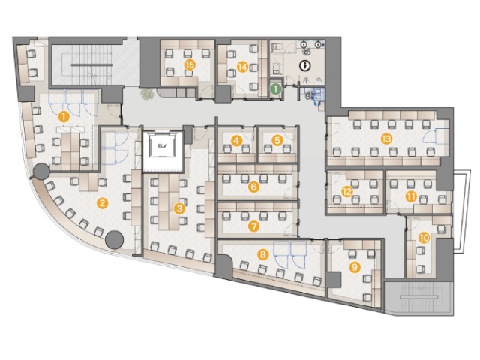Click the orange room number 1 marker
(x=64, y=117)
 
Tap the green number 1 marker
(x=276, y=89)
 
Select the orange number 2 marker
(x=103, y=203)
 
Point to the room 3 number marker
(x=180, y=209)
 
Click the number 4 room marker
(x=237, y=141)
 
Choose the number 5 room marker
(x=277, y=141)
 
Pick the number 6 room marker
(x=253, y=187)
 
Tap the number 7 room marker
(x=253, y=226)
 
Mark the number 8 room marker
(x=263, y=253)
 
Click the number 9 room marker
(x=355, y=267)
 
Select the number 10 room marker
(x=424, y=238)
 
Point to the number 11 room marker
(x=411, y=196)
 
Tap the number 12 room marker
(x=347, y=192)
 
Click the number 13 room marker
(x=387, y=139)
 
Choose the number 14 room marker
(x=243, y=67)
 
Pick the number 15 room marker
(x=190, y=65)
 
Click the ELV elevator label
(x=162, y=146)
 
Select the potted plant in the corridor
(x=147, y=93)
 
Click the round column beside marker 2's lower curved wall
(x=114, y=240)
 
